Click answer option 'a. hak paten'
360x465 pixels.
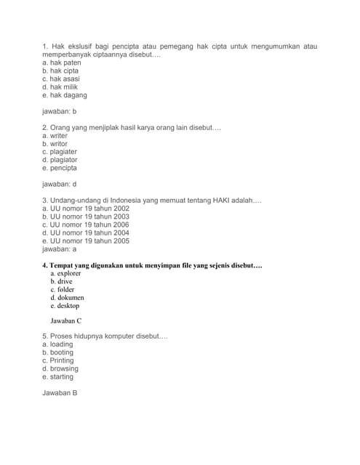point(61,63)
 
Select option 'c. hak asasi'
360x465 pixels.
point(60,79)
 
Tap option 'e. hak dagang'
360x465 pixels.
point(64,95)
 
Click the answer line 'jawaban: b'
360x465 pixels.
point(59,112)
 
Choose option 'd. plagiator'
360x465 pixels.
point(60,160)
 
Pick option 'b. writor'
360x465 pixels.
point(55,144)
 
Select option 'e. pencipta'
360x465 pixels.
point(59,168)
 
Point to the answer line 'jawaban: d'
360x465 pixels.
point(59,185)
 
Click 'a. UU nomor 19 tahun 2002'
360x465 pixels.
point(86,209)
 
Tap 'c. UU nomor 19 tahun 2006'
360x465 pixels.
point(86,225)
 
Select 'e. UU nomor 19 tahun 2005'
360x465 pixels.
point(86,240)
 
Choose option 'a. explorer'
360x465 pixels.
point(65,273)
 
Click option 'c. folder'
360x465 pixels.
point(63,289)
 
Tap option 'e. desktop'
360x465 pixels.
point(65,306)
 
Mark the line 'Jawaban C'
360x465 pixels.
point(65,320)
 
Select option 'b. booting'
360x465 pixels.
point(57,352)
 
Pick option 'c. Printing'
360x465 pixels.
point(57,360)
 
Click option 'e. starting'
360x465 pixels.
point(57,376)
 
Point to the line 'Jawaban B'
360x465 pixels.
point(60,393)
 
